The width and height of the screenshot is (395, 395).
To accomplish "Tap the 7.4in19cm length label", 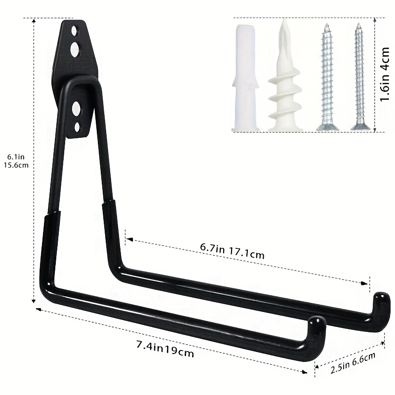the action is [x=165, y=349].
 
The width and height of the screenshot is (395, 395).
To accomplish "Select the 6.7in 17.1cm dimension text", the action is [x=232, y=251].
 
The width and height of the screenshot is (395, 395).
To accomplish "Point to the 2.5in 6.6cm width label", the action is [x=353, y=363].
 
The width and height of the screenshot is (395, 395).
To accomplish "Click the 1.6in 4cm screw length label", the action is [x=385, y=75].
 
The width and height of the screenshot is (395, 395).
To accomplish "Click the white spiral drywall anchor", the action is [x=285, y=75].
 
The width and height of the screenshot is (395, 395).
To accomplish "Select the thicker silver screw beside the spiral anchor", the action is [x=327, y=77].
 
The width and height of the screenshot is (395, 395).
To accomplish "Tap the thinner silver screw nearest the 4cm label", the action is [x=359, y=77].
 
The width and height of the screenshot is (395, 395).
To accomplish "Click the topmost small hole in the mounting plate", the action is [x=74, y=31].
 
